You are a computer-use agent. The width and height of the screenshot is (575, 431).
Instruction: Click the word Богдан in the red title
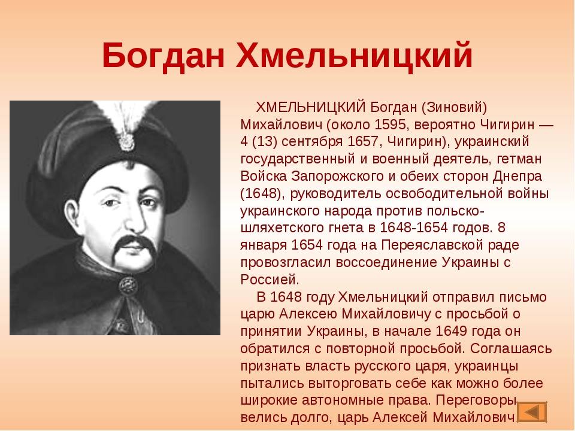click(163, 56)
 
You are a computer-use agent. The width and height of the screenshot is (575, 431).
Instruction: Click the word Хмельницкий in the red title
click(354, 56)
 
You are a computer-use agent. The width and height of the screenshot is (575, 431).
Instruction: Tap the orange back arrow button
click(532, 412)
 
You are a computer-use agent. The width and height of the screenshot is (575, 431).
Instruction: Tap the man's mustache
click(133, 246)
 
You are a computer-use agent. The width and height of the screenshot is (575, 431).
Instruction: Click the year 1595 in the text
click(390, 125)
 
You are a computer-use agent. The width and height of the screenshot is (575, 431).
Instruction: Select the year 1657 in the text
click(363, 142)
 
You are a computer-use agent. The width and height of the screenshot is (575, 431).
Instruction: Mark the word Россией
click(270, 280)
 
